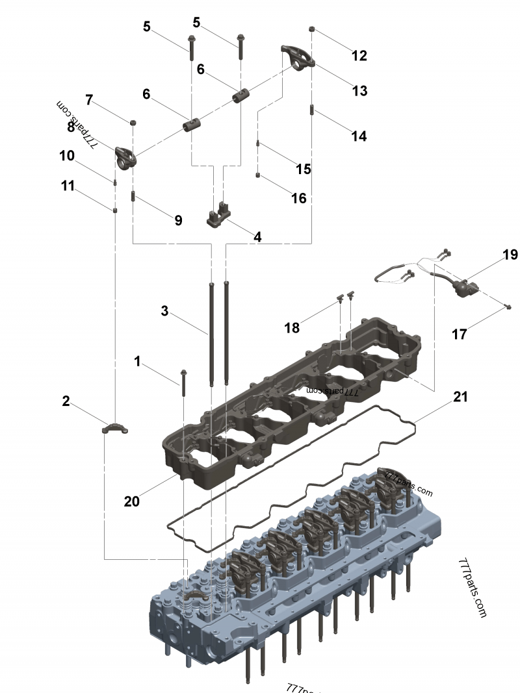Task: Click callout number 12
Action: [x=359, y=56]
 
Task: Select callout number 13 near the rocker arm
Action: [x=359, y=91]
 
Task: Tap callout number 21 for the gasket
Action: [x=460, y=396]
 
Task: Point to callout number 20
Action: [x=132, y=501]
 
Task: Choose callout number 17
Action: [x=460, y=334]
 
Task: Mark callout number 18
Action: [x=292, y=328]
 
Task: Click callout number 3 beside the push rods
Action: [x=165, y=311]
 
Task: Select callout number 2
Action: [x=66, y=401]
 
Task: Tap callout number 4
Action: [x=257, y=237]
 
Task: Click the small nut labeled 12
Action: [x=313, y=29]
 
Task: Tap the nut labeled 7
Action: [x=133, y=121]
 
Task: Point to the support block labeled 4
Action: [x=218, y=216]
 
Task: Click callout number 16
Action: [x=298, y=198]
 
